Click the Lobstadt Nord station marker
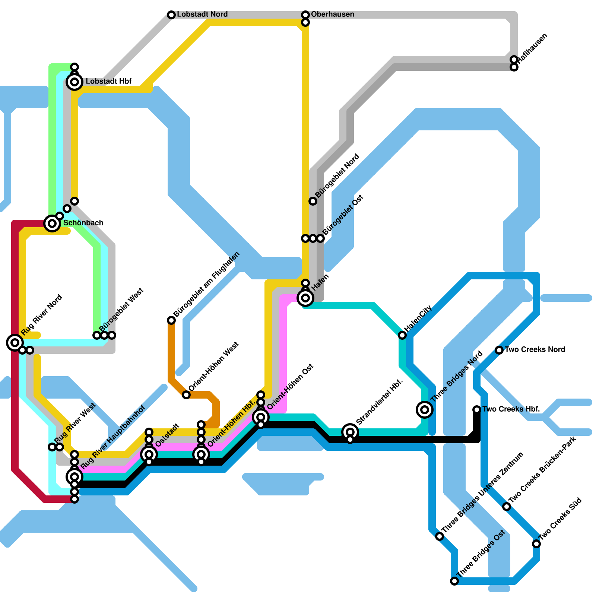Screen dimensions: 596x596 pos(171,15)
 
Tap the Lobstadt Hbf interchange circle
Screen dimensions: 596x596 pos(74,82)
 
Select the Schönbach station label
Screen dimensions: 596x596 pos(83,223)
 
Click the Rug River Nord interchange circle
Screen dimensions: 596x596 pos(15,342)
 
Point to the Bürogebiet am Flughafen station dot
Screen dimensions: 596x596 pos(171,320)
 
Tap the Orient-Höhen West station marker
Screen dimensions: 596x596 pos(186,395)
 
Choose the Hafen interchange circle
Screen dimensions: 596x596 pos(305,298)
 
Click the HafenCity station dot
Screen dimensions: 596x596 pos(402,335)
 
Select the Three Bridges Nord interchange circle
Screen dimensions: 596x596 pos(425,410)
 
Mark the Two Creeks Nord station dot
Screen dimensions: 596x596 pos(499,350)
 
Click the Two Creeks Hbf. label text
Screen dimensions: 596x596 pos(511,409)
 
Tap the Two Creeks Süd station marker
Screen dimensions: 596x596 pos(536,544)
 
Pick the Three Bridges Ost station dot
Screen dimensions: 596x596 pos(454,581)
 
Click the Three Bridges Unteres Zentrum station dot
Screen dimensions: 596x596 pos(440,536)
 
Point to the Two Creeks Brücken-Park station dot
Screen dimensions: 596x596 pos(507,507)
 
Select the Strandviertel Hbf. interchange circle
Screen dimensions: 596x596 pos(350,432)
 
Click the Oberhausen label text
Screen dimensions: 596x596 pos(333,15)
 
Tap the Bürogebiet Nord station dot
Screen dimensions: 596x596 pos(313,201)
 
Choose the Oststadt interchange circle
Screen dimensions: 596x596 pos(149,454)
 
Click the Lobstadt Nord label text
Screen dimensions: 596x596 pos(202,15)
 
